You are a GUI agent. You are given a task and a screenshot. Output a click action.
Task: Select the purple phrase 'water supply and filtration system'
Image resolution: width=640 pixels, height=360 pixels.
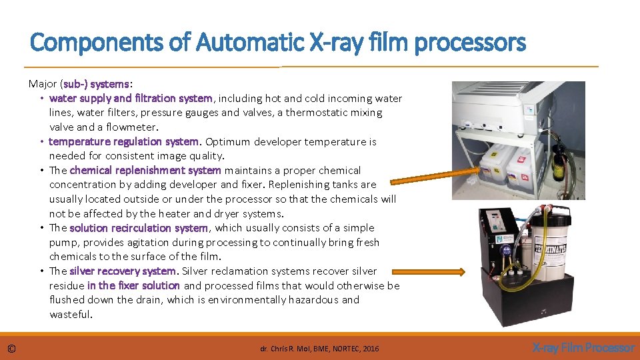click(x=131, y=99)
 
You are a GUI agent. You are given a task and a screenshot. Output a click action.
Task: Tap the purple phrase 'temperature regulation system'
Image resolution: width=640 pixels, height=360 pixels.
click(x=124, y=141)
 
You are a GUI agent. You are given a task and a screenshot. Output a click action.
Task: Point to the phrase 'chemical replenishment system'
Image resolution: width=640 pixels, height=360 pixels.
click(x=145, y=170)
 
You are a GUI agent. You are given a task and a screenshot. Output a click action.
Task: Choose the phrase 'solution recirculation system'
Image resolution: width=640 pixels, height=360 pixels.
click(x=139, y=228)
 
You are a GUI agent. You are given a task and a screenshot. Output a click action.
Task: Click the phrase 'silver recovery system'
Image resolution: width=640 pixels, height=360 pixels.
click(x=123, y=271)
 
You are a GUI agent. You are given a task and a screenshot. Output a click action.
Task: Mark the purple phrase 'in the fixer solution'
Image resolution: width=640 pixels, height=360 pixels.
click(x=133, y=285)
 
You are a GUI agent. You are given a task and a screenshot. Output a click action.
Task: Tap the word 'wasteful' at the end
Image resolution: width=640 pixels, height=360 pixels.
click(x=70, y=314)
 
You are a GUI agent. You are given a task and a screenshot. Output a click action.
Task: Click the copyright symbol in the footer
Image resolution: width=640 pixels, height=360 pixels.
click(x=12, y=348)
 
